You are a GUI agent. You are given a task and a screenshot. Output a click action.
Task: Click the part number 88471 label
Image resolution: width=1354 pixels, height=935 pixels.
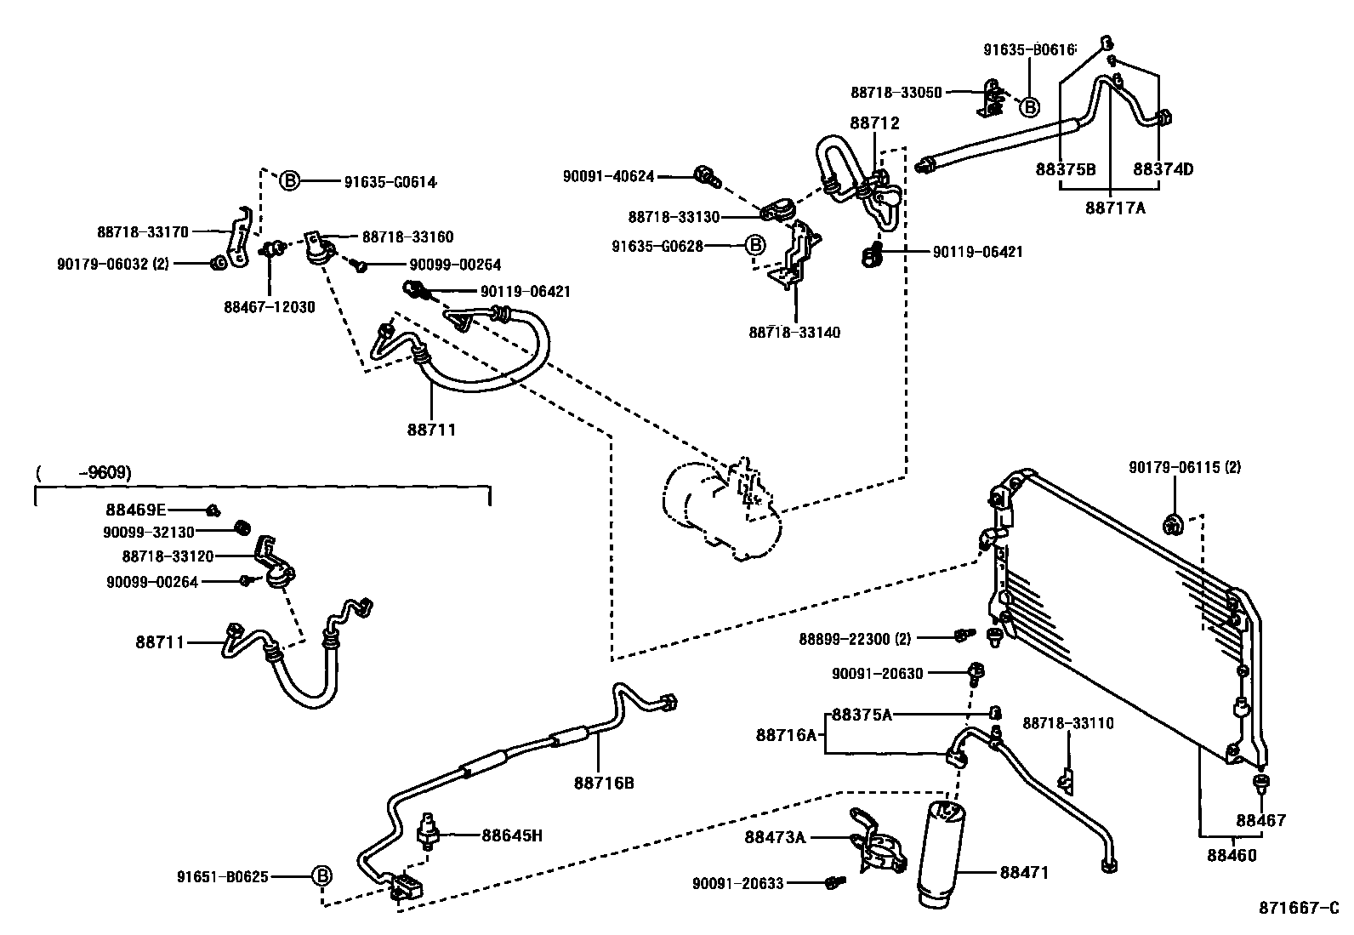(1024, 872)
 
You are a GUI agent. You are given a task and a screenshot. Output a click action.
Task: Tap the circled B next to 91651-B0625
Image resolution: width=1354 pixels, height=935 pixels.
(321, 875)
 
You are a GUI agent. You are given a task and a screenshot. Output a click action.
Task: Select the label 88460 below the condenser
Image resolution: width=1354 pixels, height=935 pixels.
(1231, 855)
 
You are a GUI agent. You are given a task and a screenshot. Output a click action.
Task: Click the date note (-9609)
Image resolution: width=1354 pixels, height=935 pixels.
(84, 473)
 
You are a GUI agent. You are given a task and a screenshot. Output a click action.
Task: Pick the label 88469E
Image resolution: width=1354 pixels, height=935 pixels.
(135, 510)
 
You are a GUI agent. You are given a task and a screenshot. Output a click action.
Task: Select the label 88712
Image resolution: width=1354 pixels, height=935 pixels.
(874, 123)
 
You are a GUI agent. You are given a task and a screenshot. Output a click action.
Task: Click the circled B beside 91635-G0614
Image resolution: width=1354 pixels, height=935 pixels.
(290, 181)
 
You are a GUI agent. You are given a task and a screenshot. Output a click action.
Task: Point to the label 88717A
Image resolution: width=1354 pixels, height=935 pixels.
(1115, 207)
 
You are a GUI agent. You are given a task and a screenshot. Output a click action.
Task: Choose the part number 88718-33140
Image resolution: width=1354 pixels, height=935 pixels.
(794, 333)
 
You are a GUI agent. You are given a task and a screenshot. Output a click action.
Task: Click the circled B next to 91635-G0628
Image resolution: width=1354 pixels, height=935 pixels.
(755, 246)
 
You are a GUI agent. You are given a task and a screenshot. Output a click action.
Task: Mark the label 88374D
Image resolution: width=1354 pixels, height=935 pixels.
(1163, 169)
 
